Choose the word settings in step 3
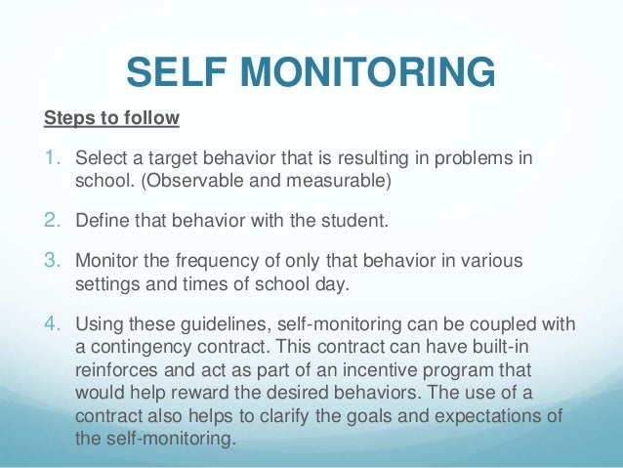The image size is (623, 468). point(105,284)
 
